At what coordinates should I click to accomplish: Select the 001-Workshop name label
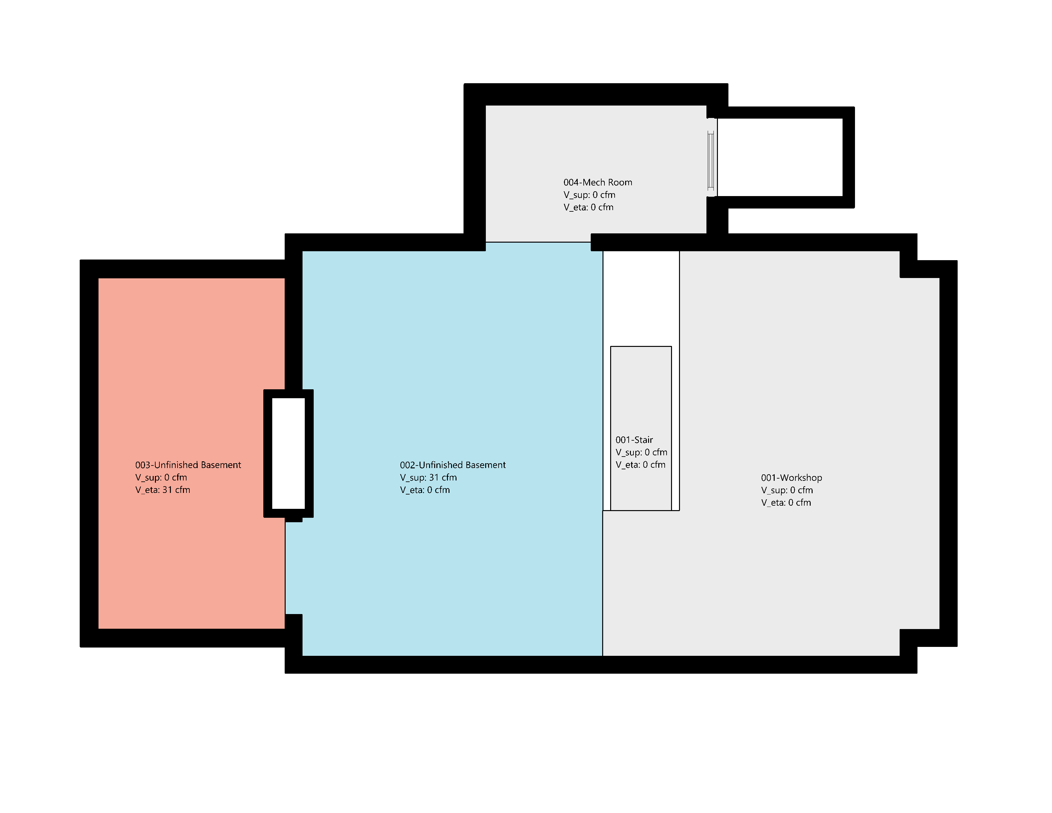[792, 478]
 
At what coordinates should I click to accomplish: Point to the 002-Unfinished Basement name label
[453, 465]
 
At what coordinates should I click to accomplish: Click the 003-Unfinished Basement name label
[188, 465]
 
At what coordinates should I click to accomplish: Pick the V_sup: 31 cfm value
[428, 477]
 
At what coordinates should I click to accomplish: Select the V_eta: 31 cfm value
[163, 490]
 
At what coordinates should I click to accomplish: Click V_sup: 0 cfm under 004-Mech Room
[589, 194]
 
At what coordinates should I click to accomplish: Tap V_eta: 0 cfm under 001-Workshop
[786, 502]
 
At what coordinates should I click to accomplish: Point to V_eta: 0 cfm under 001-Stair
[641, 465]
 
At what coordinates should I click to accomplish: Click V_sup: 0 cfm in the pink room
[161, 477]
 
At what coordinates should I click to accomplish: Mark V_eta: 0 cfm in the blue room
[425, 490]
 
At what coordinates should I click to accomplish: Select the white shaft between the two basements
[289, 453]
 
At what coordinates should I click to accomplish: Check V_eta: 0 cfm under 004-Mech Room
[588, 207]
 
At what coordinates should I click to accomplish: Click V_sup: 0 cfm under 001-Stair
[642, 452]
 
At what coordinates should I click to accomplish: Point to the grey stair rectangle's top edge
[641, 346]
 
